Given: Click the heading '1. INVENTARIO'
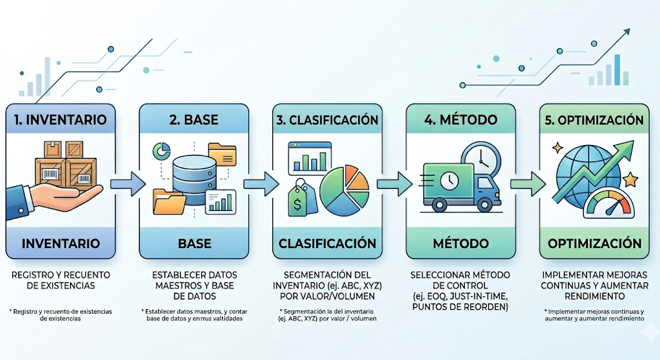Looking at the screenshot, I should pos(60,120).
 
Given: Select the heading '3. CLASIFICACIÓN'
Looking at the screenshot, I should pos(327,120).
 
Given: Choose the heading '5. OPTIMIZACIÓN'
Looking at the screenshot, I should pos(593,120).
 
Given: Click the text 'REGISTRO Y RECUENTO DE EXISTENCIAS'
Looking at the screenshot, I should pos(60,280).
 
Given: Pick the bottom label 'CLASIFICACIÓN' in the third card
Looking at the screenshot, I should pos(327,243).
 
